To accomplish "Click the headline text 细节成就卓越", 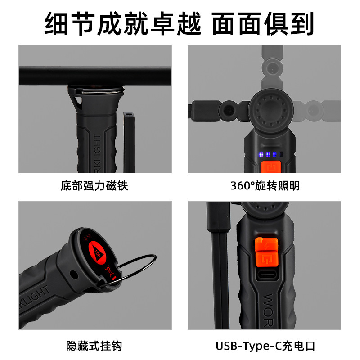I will (x=122, y=23).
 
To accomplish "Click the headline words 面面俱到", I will (x=262, y=23).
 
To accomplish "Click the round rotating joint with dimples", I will (x=271, y=110).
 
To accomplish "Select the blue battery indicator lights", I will (x=267, y=154).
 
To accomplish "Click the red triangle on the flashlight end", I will (x=96, y=247).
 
